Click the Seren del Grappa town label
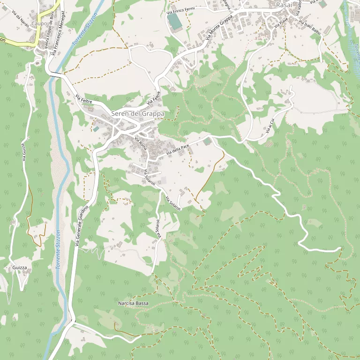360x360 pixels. (x=138, y=114)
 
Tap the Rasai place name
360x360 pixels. (x=284, y=4)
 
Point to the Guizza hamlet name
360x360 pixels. (x=20, y=267)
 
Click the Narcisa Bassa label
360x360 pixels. (x=133, y=303)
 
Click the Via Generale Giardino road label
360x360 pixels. (x=82, y=225)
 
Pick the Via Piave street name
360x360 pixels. (x=281, y=22)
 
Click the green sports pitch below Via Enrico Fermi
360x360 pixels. (x=174, y=21)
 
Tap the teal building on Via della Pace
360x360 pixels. (x=207, y=141)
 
